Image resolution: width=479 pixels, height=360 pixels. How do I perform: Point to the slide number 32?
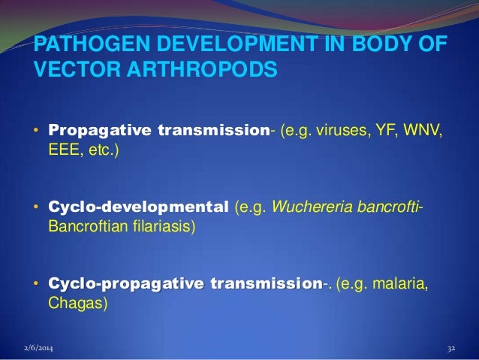[451, 349]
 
